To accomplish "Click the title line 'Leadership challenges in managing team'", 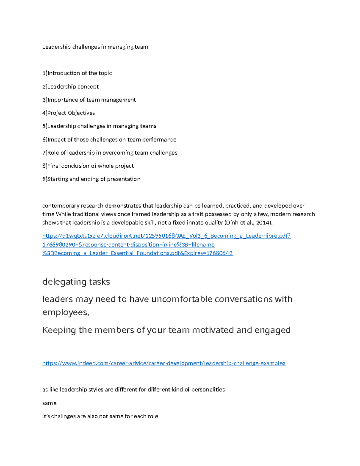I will tap(95, 47).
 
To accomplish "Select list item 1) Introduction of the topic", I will tap(77, 73).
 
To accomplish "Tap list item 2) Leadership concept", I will tap(70, 87).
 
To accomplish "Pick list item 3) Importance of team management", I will tap(89, 100).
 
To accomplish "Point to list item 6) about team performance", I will tap(109, 140).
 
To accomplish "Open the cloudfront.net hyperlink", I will tap(166, 236).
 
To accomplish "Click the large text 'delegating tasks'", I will tap(76, 282).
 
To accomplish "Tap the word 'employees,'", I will tap(66, 312).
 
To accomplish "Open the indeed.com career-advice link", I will tap(164, 363).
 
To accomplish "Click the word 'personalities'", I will tap(208, 390).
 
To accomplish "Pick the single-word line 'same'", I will tap(49, 403).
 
